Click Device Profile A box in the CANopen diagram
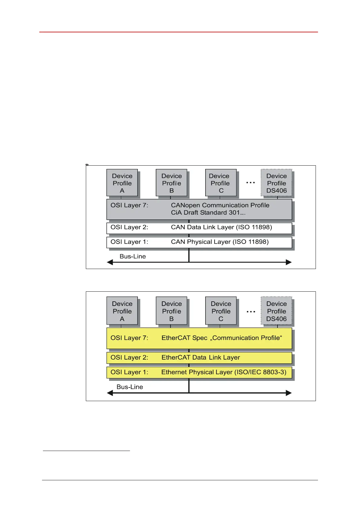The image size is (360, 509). tap(122, 183)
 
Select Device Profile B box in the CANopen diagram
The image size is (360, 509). tap(171, 183)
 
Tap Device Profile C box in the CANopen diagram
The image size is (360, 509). tap(221, 183)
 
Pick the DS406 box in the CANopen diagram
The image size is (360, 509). tap(276, 183)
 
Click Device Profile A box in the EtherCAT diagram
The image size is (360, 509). tap(122, 311)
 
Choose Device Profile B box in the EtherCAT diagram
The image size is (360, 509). tap(171, 311)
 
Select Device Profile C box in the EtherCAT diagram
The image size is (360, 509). tap(221, 311)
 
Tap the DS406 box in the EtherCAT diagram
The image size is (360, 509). tap(276, 311)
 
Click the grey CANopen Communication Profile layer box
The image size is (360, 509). tap(199, 209)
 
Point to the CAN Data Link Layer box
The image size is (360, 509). tap(199, 228)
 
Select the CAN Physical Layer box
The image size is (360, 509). tap(199, 242)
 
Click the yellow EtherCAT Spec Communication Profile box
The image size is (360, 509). tap(199, 338)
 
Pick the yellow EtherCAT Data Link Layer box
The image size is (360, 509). tap(199, 358)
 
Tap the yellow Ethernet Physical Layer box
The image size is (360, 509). tap(199, 372)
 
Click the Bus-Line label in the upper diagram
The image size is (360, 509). tap(133, 256)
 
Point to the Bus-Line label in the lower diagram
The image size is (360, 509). tap(130, 387)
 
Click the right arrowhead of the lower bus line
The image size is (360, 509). tap(289, 393)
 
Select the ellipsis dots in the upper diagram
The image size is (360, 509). tap(251, 183)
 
